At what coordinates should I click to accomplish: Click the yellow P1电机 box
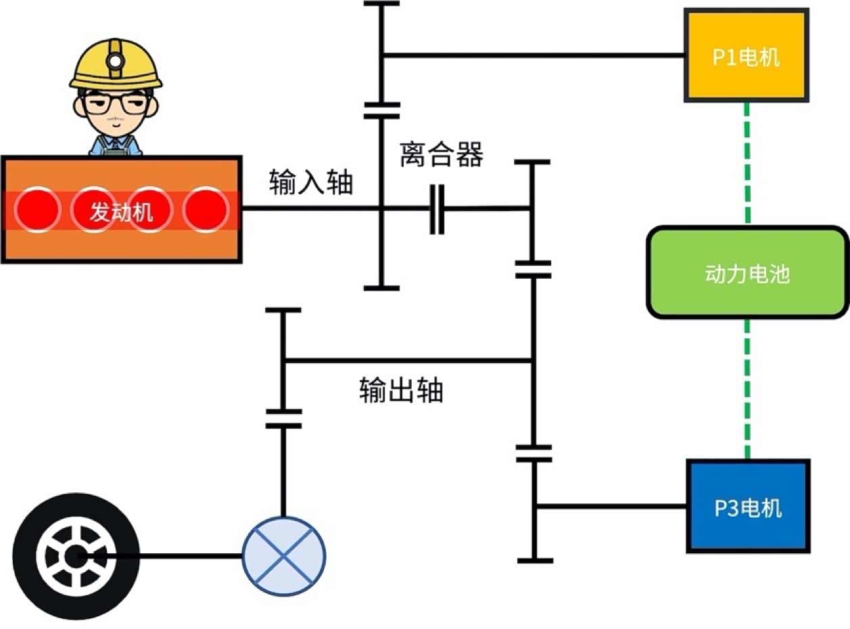pos(747,55)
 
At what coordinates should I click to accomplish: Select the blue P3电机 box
pos(748,506)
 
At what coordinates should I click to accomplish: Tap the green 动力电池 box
pos(747,273)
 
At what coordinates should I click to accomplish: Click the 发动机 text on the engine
pos(122,212)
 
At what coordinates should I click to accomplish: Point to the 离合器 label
pos(441,155)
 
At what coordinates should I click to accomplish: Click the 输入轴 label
pos(311,183)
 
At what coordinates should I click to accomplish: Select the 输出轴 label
pos(401,390)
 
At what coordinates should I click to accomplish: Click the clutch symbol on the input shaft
pos(438,209)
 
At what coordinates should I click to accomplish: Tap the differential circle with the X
pos(283,556)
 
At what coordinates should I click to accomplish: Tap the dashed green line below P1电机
pos(747,162)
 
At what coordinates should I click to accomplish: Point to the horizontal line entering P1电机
pos(534,55)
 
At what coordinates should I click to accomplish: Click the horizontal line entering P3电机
pos(609,505)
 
